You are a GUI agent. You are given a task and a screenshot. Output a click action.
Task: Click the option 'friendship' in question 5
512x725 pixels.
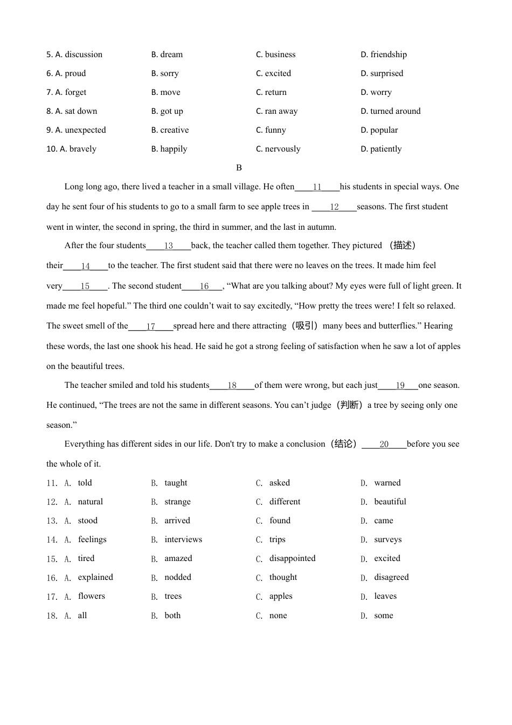[x=388, y=54]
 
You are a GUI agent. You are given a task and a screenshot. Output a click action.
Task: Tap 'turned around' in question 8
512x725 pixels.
[x=395, y=111]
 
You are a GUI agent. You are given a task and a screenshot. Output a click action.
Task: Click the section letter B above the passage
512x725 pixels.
[x=239, y=168]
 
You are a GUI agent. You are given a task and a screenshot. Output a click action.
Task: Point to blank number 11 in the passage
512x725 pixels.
[x=317, y=187]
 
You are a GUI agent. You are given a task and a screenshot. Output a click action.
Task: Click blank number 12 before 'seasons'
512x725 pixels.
[x=334, y=207]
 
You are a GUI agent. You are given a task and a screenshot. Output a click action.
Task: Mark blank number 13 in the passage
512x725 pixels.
[x=168, y=246]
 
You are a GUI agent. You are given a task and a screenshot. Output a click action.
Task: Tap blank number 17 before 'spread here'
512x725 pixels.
[x=150, y=326]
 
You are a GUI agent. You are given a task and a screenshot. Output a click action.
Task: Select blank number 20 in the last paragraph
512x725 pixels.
[x=384, y=444]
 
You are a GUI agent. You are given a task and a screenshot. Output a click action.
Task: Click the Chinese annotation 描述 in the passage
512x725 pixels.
[x=402, y=245]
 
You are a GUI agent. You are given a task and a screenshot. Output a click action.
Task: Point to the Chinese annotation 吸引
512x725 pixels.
[x=304, y=326]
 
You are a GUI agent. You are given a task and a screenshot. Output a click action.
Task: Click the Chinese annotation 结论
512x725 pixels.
[x=343, y=444]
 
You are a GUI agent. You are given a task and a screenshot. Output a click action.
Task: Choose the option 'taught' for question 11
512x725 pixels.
[x=176, y=483]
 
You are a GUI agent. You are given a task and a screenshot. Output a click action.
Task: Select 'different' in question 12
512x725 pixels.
[x=285, y=502]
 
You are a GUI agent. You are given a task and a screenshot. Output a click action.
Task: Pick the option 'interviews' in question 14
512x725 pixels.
[x=183, y=539]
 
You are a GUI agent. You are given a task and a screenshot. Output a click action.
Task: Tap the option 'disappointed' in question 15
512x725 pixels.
[x=292, y=558]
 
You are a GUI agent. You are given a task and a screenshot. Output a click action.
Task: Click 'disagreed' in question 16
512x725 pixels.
[x=391, y=577]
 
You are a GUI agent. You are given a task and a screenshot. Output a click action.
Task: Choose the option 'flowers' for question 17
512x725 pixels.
[x=91, y=596]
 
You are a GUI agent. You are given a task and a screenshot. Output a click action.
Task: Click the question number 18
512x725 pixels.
[x=52, y=615]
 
